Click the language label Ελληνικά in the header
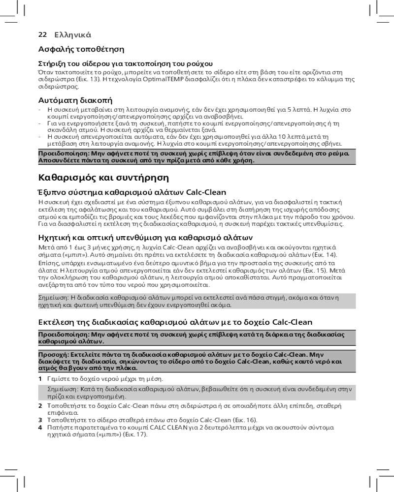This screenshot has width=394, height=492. [73, 35]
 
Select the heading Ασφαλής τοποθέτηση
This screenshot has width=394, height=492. [81, 49]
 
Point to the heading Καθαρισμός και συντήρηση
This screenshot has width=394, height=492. [103, 177]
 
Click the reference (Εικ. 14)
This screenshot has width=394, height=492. [326, 254]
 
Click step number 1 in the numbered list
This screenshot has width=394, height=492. [40, 379]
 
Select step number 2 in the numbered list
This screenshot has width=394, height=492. [40, 406]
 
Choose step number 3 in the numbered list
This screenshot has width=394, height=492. [40, 420]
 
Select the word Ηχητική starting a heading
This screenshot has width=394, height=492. [54, 237]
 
